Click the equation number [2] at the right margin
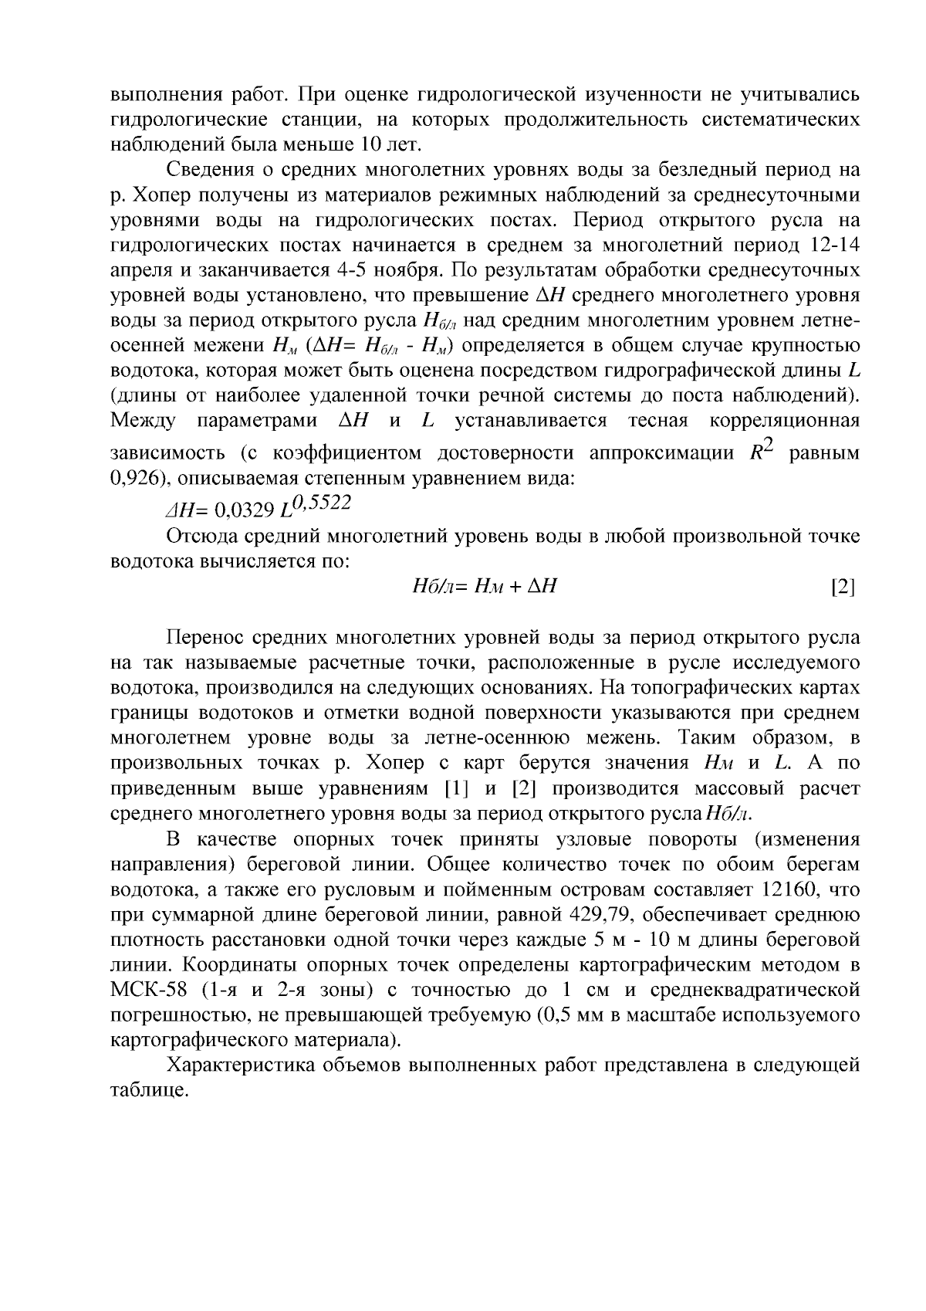coord(843,587)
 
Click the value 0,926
coord(135,478)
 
